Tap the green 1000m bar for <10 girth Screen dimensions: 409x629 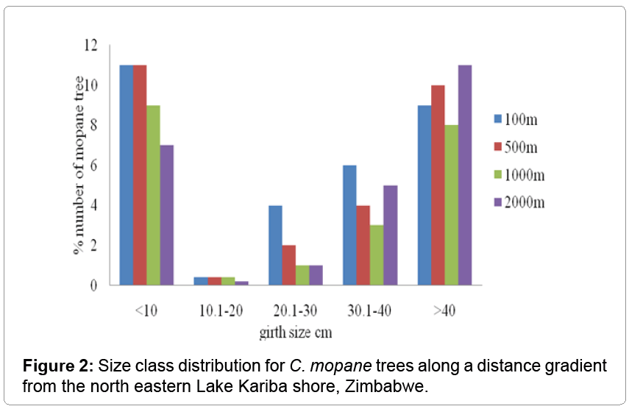pos(153,195)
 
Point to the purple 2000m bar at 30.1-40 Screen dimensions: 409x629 pos(390,235)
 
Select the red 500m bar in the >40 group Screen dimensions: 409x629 pos(438,185)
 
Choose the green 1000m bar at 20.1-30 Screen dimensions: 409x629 pos(302,275)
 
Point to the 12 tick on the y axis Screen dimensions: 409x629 pos(91,46)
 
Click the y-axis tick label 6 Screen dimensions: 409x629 pos(94,166)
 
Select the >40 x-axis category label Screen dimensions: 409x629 pos(444,310)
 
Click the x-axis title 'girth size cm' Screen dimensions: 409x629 pos(296,332)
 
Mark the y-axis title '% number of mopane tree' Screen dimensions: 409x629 pos(78,166)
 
